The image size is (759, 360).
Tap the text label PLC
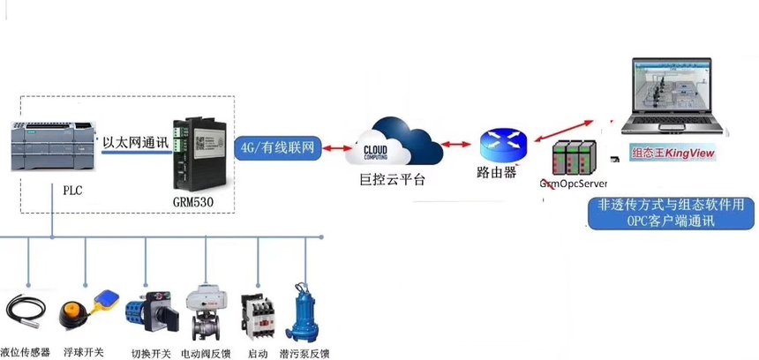click(72, 190)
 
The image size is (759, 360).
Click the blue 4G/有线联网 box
click(278, 147)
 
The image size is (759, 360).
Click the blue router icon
click(503, 143)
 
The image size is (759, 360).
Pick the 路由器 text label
click(497, 172)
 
